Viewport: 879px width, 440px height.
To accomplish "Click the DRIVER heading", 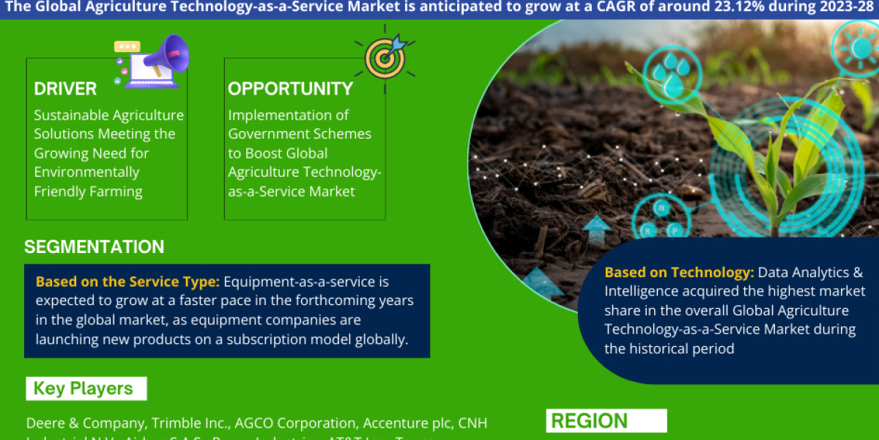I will tap(65, 89).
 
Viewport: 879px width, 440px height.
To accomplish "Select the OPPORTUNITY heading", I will tap(290, 89).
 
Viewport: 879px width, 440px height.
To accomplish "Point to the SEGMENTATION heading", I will tap(94, 247).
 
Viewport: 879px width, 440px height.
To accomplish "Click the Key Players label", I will tap(84, 389).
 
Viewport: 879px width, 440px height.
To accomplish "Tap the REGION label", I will tap(589, 421).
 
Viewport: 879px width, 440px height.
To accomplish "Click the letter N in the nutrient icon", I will tap(661, 208).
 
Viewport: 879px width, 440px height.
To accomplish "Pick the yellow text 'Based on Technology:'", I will tap(679, 273).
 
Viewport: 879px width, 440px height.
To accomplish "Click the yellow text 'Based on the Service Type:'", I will tap(127, 282).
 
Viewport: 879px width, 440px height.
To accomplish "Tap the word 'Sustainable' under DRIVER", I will tap(71, 115).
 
